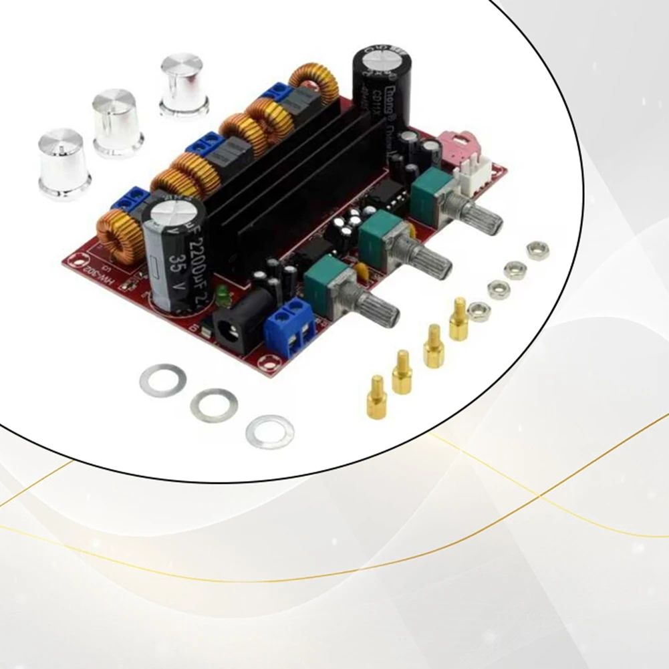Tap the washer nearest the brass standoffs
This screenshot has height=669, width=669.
269,431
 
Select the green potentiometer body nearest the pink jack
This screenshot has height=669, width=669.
428,189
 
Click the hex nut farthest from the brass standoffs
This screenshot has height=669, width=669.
538,251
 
